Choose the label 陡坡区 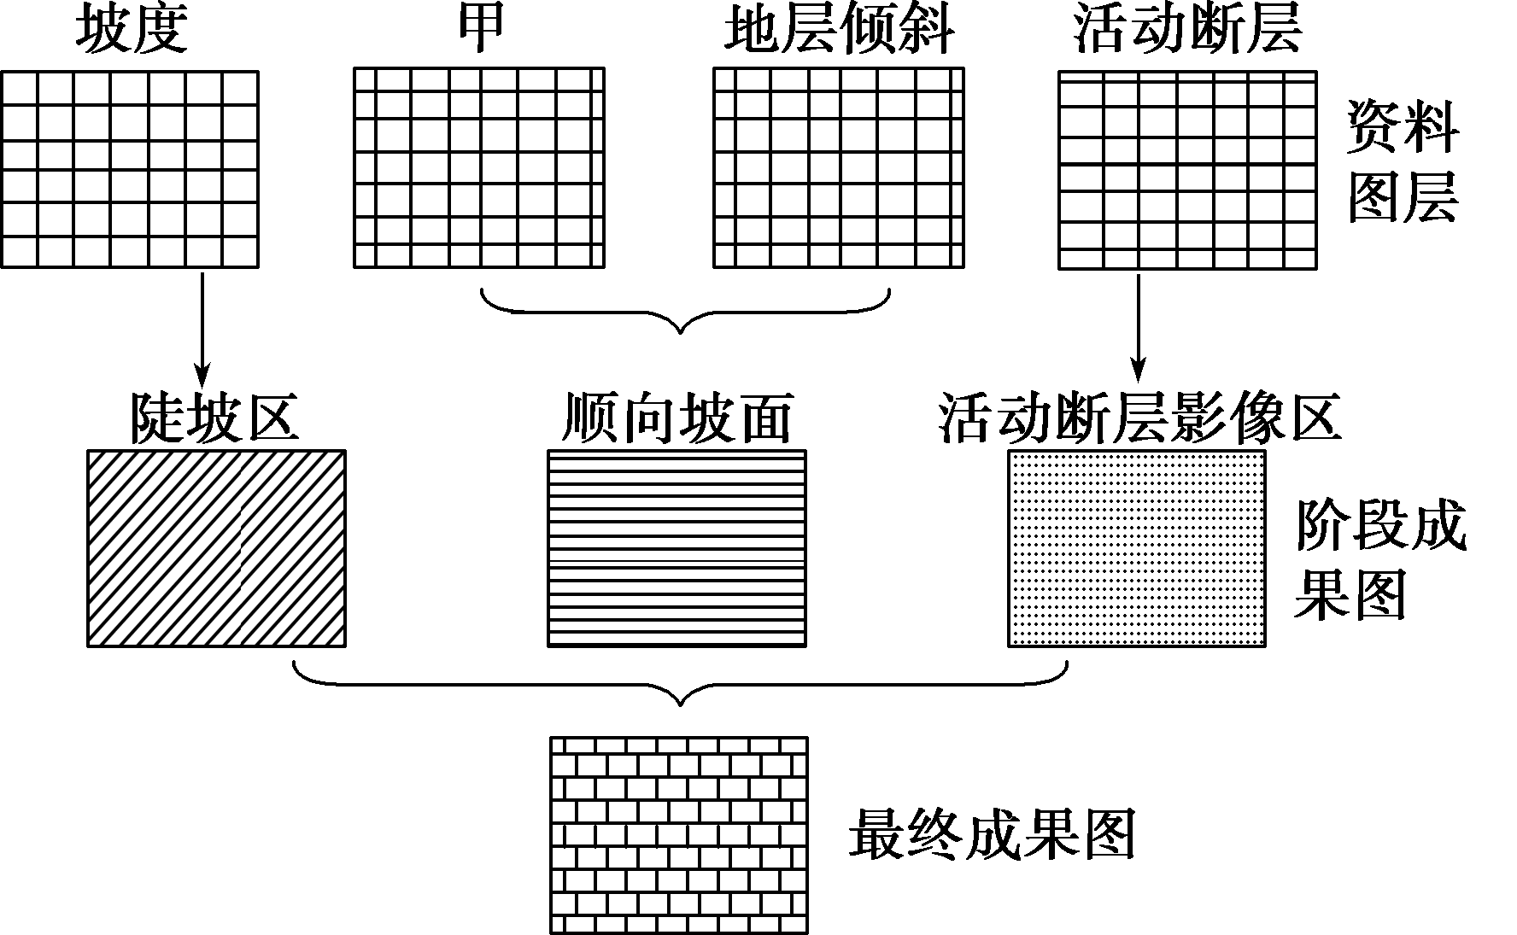coord(214,418)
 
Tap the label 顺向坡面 coord(676,418)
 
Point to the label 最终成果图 coord(992,834)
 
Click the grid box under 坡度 coord(130,169)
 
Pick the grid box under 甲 coord(479,168)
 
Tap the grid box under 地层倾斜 coord(839,168)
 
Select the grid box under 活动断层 coord(1187,170)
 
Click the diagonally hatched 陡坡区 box coord(217,548)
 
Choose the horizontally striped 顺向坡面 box coord(676,548)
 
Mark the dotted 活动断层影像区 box coord(1137,548)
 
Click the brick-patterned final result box coord(679,835)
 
